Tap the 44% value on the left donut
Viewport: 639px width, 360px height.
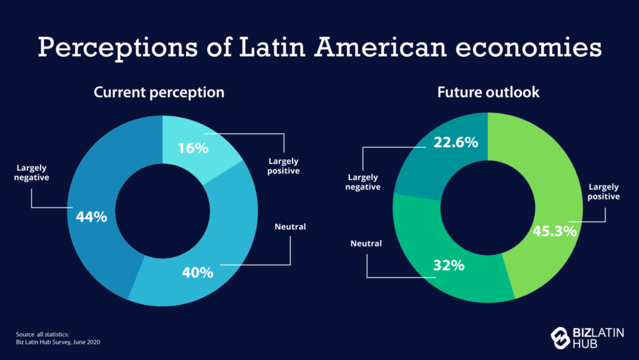click(91, 216)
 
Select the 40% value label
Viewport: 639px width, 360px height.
click(198, 272)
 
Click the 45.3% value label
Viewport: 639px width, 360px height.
click(554, 231)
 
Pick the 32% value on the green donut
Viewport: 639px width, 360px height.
click(449, 265)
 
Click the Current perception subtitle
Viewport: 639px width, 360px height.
click(159, 92)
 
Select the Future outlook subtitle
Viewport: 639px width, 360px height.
click(487, 92)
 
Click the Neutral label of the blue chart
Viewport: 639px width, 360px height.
click(290, 226)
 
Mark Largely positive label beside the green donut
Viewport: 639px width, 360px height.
click(603, 192)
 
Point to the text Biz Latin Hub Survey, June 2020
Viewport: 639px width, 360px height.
click(58, 342)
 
